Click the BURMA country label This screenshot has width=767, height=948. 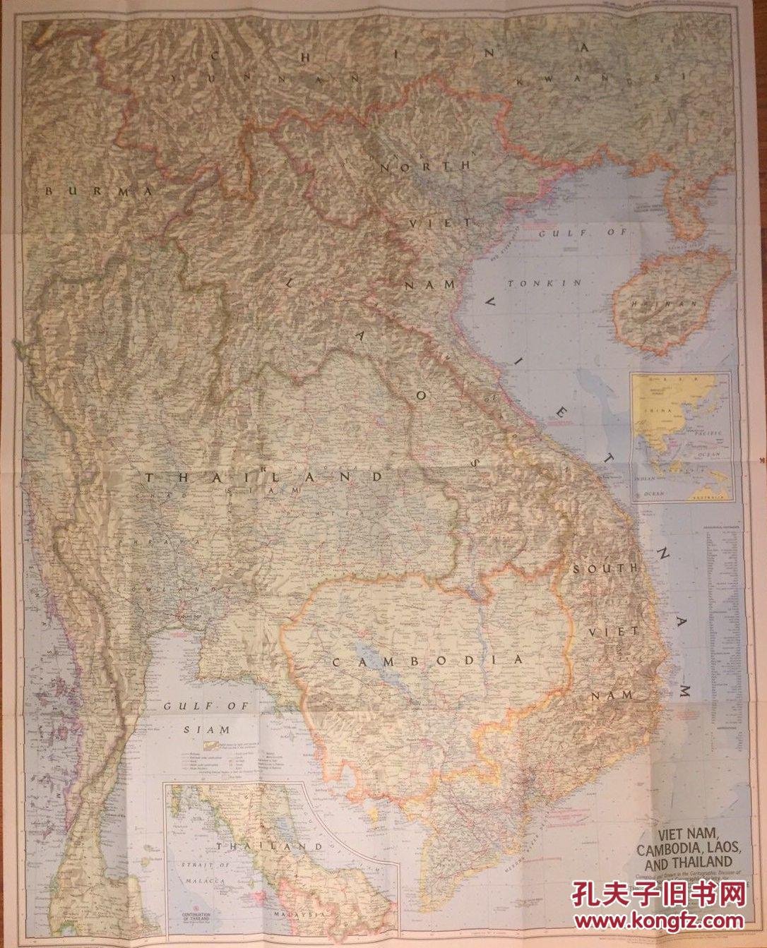click(100, 191)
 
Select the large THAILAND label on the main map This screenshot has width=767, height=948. click(263, 478)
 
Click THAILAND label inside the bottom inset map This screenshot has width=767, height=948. click(269, 846)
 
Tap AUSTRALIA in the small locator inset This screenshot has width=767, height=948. click(713, 498)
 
